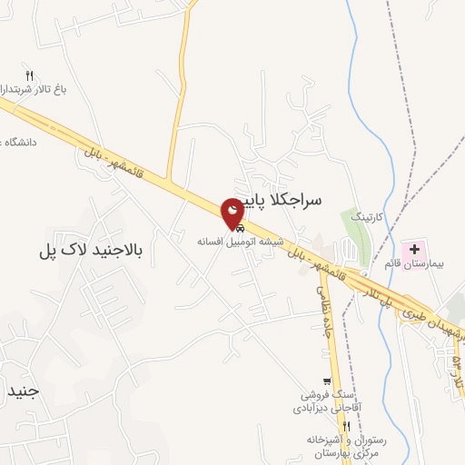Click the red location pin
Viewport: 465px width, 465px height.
(x=233, y=211)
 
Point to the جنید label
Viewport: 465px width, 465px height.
(x=19, y=391)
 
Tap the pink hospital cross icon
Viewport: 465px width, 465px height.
(x=415, y=248)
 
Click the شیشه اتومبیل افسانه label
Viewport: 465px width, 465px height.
(x=242, y=242)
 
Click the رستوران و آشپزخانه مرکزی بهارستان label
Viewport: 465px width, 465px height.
(x=347, y=445)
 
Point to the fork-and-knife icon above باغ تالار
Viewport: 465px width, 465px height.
(x=29, y=76)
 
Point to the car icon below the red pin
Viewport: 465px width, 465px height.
(x=239, y=229)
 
